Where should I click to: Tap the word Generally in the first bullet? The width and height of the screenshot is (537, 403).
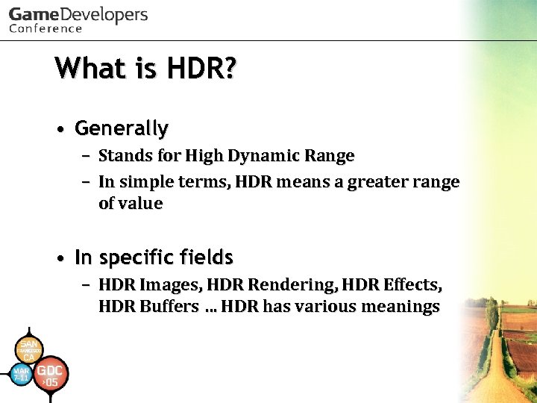coord(122,128)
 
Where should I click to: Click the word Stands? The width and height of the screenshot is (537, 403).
coord(122,156)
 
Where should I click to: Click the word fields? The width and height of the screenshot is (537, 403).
coord(204,257)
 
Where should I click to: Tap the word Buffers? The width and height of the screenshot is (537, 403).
coord(168,306)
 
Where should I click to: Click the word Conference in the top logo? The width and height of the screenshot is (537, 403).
coord(45,28)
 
